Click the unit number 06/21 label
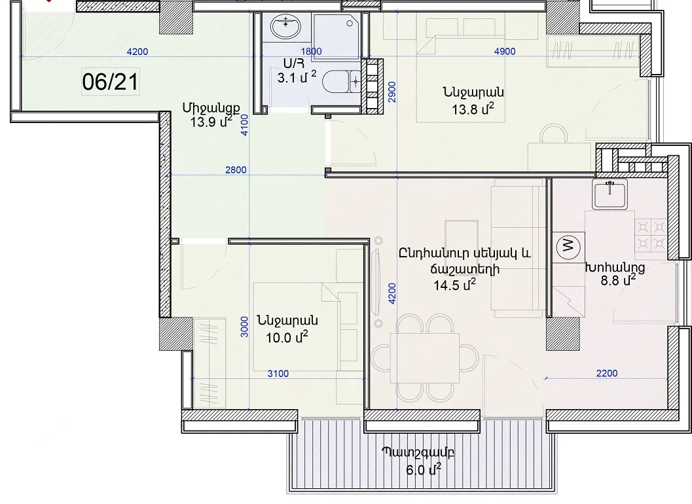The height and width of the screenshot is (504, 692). [111, 82]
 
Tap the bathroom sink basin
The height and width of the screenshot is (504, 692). [285, 26]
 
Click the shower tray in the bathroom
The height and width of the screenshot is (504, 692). [335, 36]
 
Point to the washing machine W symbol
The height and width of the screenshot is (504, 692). [568, 246]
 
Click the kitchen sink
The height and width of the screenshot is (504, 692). [610, 194]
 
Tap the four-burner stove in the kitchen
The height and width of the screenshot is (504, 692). [651, 235]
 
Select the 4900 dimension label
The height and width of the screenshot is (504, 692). [505, 51]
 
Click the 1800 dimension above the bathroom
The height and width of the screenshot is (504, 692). [311, 51]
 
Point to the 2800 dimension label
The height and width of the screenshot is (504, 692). [236, 170]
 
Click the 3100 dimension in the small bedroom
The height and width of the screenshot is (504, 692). [278, 374]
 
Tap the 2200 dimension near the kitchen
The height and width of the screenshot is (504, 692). [607, 373]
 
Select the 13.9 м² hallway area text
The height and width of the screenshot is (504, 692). [211, 122]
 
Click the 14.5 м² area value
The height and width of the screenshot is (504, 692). [454, 285]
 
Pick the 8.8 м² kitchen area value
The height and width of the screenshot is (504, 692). [618, 279]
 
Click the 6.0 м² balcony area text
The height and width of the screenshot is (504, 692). [424, 469]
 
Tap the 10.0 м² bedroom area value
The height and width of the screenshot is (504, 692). [286, 338]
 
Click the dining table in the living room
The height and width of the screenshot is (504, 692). [425, 358]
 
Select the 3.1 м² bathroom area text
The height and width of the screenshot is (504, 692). [297, 78]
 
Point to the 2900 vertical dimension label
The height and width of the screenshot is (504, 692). [392, 92]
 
